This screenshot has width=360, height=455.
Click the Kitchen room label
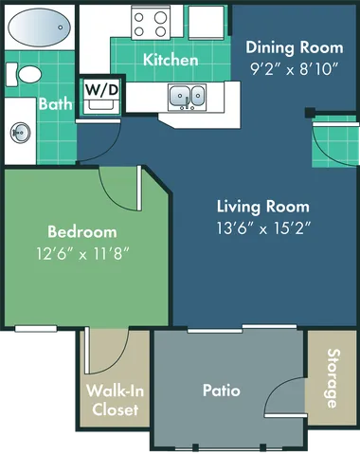[x=171, y=60]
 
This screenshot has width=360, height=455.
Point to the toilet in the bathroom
[x=28, y=73]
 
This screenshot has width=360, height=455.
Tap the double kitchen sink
[x=187, y=95]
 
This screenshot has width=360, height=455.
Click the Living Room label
[x=262, y=206]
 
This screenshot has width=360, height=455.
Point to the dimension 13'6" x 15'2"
[x=262, y=227]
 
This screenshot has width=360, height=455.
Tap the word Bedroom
[x=82, y=231]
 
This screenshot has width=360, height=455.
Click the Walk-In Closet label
[x=112, y=400]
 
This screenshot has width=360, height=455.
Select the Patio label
[x=221, y=390]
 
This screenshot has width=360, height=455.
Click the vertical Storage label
[x=333, y=378]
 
